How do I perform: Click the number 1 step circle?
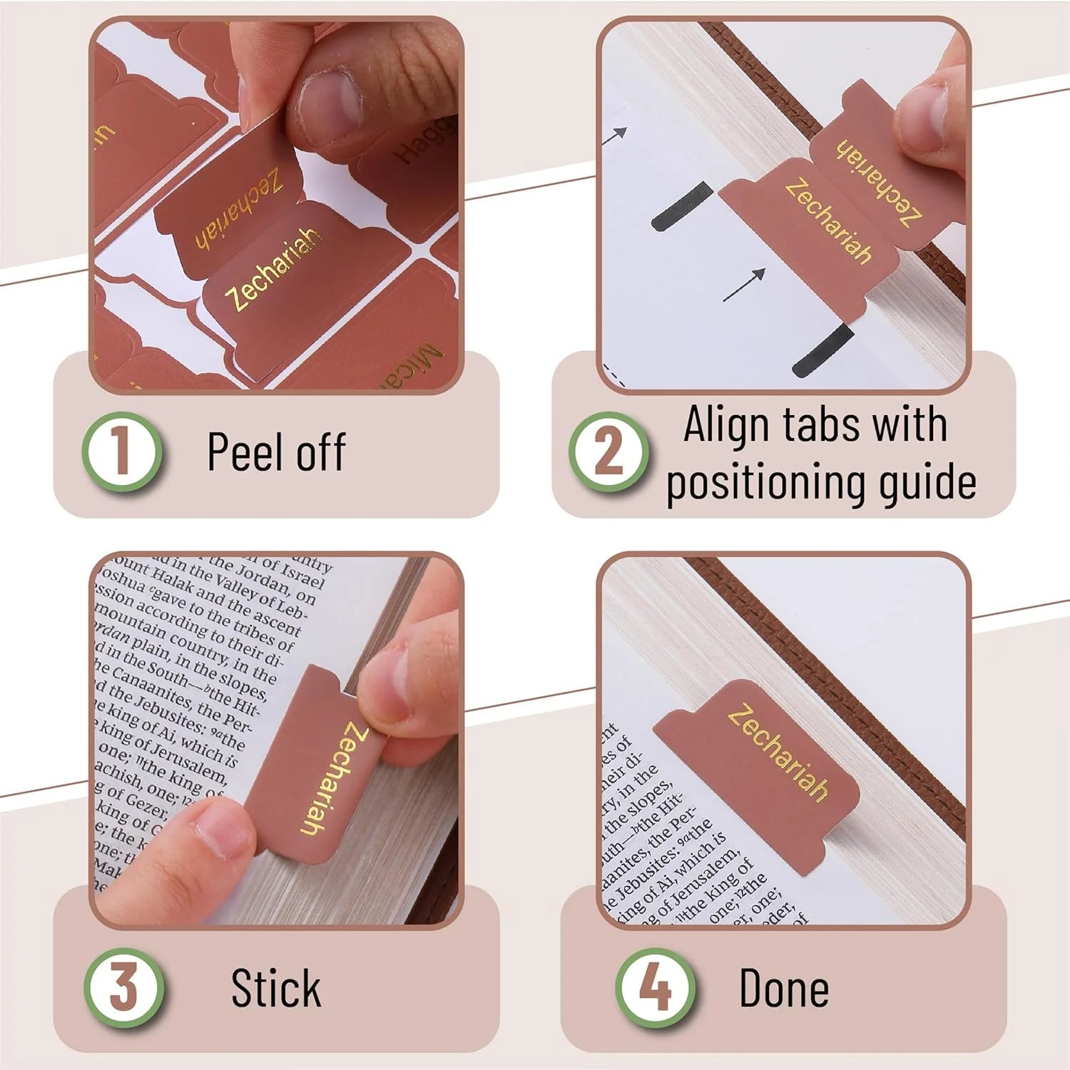pyautogui.click(x=122, y=452)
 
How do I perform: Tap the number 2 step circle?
pyautogui.click(x=608, y=452)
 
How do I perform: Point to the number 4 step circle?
pyautogui.click(x=655, y=988)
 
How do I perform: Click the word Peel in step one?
pyautogui.click(x=246, y=452)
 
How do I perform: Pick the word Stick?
pyautogui.click(x=276, y=989)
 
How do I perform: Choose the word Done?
pyautogui.click(x=784, y=989)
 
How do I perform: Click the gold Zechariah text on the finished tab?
pyautogui.click(x=778, y=753)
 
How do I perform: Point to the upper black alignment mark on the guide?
pyautogui.click(x=681, y=205)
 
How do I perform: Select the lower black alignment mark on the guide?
pyautogui.click(x=822, y=351)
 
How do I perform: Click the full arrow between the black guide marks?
pyautogui.click(x=744, y=285)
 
